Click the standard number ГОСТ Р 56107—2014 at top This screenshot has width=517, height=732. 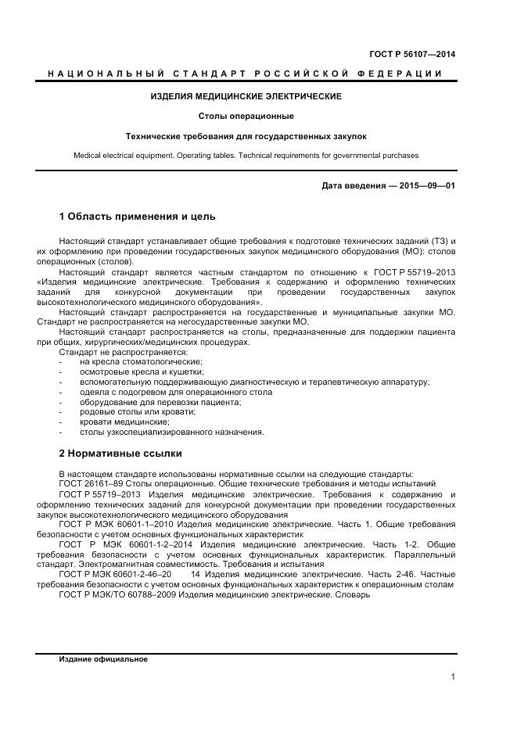point(412,54)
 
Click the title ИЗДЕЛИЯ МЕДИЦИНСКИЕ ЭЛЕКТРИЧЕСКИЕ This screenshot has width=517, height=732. point(246,96)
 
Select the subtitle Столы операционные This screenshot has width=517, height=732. point(246,116)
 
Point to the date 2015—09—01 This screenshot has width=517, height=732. point(427,186)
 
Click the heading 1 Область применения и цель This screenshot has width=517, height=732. point(137,217)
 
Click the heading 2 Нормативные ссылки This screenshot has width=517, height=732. point(120,453)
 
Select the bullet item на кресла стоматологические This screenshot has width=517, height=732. point(141,361)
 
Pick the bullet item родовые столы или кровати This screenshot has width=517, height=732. point(138,411)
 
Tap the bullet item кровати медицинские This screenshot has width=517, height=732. point(124,422)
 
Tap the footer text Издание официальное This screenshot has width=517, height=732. point(103,659)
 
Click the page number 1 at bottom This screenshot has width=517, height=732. point(452,677)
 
